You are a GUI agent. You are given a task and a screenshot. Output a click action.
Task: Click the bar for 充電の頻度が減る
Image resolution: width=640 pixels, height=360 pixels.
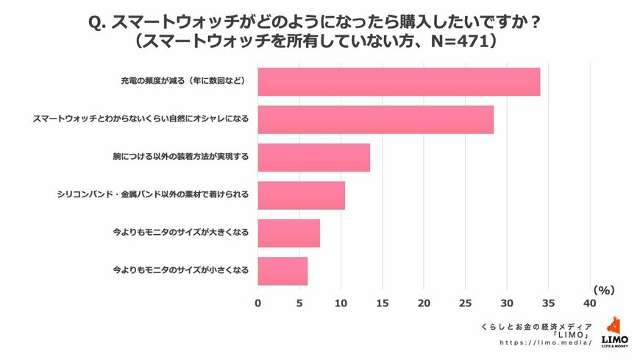point(399,82)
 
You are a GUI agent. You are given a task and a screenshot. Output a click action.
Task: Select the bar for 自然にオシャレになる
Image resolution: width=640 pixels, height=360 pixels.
point(375,119)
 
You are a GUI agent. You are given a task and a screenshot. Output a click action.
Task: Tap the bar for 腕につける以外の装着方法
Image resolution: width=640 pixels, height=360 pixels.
point(313,158)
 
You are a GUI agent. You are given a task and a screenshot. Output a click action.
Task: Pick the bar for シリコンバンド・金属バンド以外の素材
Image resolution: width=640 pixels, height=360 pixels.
point(301,195)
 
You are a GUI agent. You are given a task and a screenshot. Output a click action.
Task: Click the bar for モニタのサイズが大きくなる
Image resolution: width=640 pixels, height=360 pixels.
point(288,233)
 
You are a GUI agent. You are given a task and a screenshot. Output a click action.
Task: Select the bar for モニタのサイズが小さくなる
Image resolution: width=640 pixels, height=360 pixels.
point(282,271)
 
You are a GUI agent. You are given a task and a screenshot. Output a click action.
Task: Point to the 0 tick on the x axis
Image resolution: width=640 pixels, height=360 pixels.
point(258,303)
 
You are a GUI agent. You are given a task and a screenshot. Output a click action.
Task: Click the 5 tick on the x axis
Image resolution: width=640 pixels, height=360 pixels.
point(299,303)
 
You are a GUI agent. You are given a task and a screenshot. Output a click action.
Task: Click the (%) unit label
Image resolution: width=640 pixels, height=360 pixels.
point(602,290)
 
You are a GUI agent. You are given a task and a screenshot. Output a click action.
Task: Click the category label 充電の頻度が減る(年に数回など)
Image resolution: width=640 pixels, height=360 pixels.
point(182,82)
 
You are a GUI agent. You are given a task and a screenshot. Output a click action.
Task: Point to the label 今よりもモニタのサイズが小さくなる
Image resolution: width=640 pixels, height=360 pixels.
point(180,271)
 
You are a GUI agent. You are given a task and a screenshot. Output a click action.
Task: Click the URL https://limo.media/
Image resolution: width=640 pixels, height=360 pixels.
point(546,343)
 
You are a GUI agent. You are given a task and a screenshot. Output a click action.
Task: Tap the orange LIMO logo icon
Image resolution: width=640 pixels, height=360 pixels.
point(615,326)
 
